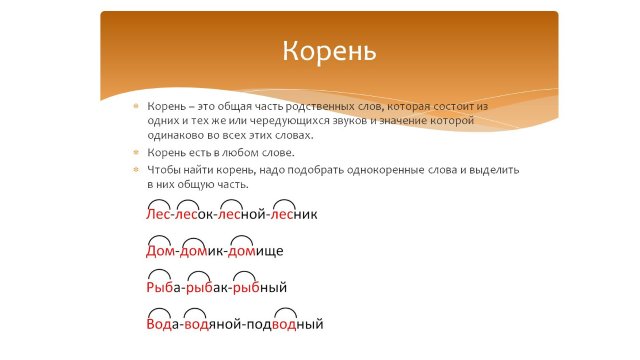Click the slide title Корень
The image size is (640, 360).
click(328, 50)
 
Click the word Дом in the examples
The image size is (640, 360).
click(161, 251)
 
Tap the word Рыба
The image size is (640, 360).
click(164, 288)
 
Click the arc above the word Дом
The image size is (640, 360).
click(159, 238)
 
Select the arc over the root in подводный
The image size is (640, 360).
click(285, 312)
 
